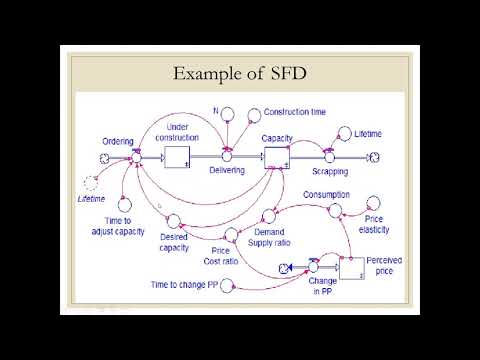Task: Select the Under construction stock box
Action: click(x=177, y=157)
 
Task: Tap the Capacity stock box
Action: click(x=276, y=157)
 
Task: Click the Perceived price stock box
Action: click(x=352, y=265)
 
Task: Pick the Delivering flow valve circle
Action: click(x=227, y=157)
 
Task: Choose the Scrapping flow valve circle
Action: click(x=327, y=157)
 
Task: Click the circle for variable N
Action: click(x=227, y=112)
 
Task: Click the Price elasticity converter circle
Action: click(x=374, y=203)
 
